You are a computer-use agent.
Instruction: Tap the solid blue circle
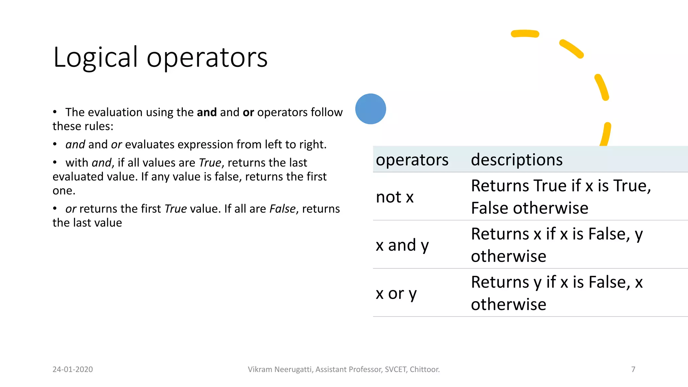371,109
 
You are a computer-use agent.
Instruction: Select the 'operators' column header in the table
412,160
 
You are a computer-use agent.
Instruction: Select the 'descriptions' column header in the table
516,160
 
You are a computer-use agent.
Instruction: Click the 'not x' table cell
394,197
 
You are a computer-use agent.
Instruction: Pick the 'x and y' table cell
402,245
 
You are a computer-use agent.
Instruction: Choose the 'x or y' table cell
396,293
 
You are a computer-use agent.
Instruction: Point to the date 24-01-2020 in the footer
73,369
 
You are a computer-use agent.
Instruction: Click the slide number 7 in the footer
633,369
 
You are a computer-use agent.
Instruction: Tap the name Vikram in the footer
260,369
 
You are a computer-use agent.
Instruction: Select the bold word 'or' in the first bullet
248,112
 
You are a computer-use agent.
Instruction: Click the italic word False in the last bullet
283,209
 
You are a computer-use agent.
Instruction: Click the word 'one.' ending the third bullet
64,190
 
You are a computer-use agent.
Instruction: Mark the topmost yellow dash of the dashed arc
525,34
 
